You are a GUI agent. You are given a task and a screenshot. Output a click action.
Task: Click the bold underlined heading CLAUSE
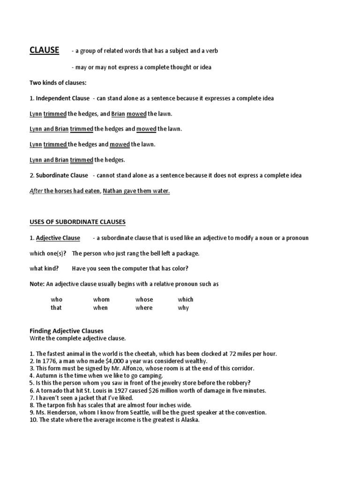click(44, 50)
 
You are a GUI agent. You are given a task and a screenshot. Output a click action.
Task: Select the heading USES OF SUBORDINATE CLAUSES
click(77, 221)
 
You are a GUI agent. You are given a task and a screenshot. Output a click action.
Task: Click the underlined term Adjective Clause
click(58, 238)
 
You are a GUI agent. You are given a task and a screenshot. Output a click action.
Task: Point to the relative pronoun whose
click(144, 300)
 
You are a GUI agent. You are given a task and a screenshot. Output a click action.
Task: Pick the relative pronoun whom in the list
click(101, 300)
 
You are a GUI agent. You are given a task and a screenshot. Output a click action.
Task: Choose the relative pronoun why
click(183, 308)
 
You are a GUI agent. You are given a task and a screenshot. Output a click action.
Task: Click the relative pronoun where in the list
click(144, 308)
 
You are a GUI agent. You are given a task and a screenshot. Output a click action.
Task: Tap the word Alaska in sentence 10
click(189, 420)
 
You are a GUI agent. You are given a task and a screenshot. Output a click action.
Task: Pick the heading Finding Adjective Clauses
click(66, 330)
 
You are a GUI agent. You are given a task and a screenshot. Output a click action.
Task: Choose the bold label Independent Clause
click(62, 98)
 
